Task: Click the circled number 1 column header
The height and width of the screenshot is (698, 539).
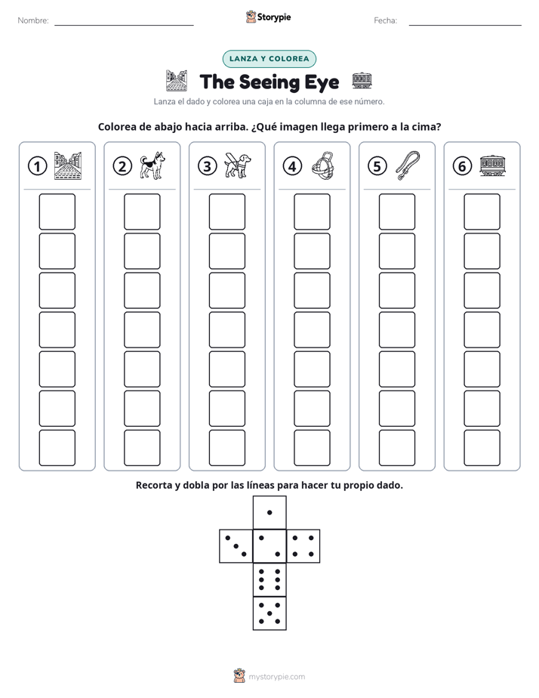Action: [x=37, y=166]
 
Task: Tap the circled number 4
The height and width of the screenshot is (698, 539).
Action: [x=292, y=166]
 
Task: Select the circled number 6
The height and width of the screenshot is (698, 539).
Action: [x=462, y=166]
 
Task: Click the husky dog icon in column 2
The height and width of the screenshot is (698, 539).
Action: [x=152, y=165]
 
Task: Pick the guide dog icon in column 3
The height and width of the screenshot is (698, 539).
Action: [x=237, y=165]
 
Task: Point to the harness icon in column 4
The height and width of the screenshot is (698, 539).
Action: [x=322, y=165]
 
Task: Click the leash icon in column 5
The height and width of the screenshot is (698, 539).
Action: [x=408, y=165]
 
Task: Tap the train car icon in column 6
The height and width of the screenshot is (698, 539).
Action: [x=492, y=165]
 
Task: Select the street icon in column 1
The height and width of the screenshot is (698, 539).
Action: [x=68, y=165]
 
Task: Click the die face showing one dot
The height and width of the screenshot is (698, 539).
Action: [x=269, y=512]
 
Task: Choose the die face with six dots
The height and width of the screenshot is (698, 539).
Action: [x=269, y=579]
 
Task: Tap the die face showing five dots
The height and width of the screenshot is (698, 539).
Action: [x=269, y=613]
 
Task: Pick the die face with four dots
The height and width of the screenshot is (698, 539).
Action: [x=303, y=546]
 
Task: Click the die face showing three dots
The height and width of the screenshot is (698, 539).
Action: [x=236, y=546]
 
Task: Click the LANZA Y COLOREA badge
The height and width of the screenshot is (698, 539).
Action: [x=269, y=59]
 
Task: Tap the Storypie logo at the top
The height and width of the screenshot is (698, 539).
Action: [x=268, y=17]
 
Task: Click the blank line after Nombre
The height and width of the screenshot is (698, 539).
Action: [x=124, y=26]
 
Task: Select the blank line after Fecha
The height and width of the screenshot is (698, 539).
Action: [x=465, y=26]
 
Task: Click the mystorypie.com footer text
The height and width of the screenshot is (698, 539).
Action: [x=276, y=677]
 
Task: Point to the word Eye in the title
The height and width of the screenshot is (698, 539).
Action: [x=322, y=83]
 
